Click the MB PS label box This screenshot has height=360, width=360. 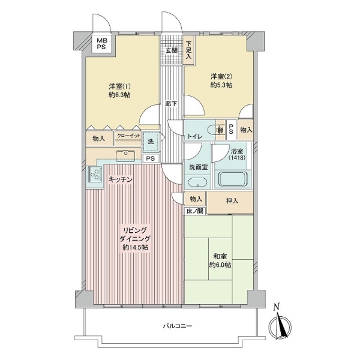click(x=97, y=43)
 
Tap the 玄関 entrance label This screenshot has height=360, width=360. click(x=172, y=50)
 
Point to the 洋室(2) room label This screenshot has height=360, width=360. click(x=221, y=80)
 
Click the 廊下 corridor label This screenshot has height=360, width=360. click(x=171, y=104)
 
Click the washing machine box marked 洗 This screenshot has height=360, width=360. click(x=151, y=142)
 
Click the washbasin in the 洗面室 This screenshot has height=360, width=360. click(x=196, y=183)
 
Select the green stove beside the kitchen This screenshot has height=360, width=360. click(x=94, y=175)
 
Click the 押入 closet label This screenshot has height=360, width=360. click(x=232, y=200)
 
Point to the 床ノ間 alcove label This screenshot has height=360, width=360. click(x=195, y=211)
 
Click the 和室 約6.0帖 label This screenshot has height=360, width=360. click(x=220, y=260)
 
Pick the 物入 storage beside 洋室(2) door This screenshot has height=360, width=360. click(x=245, y=130)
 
